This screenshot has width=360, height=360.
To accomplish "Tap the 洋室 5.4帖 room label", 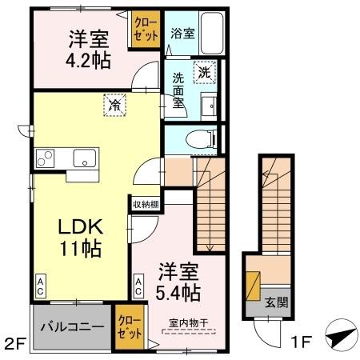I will pyautogui.click(x=178, y=280).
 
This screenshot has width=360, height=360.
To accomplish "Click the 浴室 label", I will pyautogui.click(x=182, y=34).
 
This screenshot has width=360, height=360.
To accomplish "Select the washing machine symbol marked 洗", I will pyautogui.click(x=206, y=71).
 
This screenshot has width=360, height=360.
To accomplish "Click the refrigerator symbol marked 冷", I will pyautogui.click(x=115, y=104).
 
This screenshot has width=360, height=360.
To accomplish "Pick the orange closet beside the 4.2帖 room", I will pyautogui.click(x=146, y=30).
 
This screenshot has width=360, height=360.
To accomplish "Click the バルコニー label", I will pyautogui.click(x=72, y=328).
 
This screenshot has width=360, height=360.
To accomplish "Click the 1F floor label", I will pyautogui.click(x=301, y=345).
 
